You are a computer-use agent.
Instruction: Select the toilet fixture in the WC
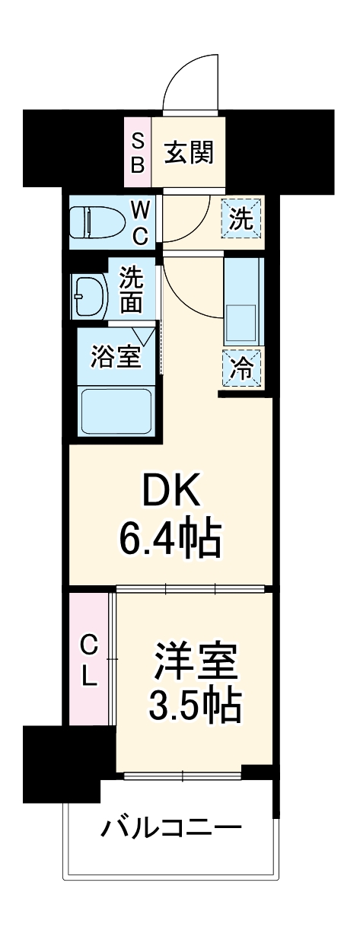tap(94, 221)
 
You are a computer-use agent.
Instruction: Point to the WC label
tap(140, 221)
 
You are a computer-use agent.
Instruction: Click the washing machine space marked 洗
tap(241, 220)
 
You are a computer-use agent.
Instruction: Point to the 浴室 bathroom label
tap(116, 356)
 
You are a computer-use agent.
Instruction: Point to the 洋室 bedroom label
tap(195, 663)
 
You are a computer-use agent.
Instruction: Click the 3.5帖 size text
tap(195, 707)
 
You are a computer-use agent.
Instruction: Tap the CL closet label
tap(90, 660)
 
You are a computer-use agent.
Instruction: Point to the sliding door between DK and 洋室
tap(190, 588)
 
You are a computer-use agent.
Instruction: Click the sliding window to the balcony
tap(183, 777)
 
